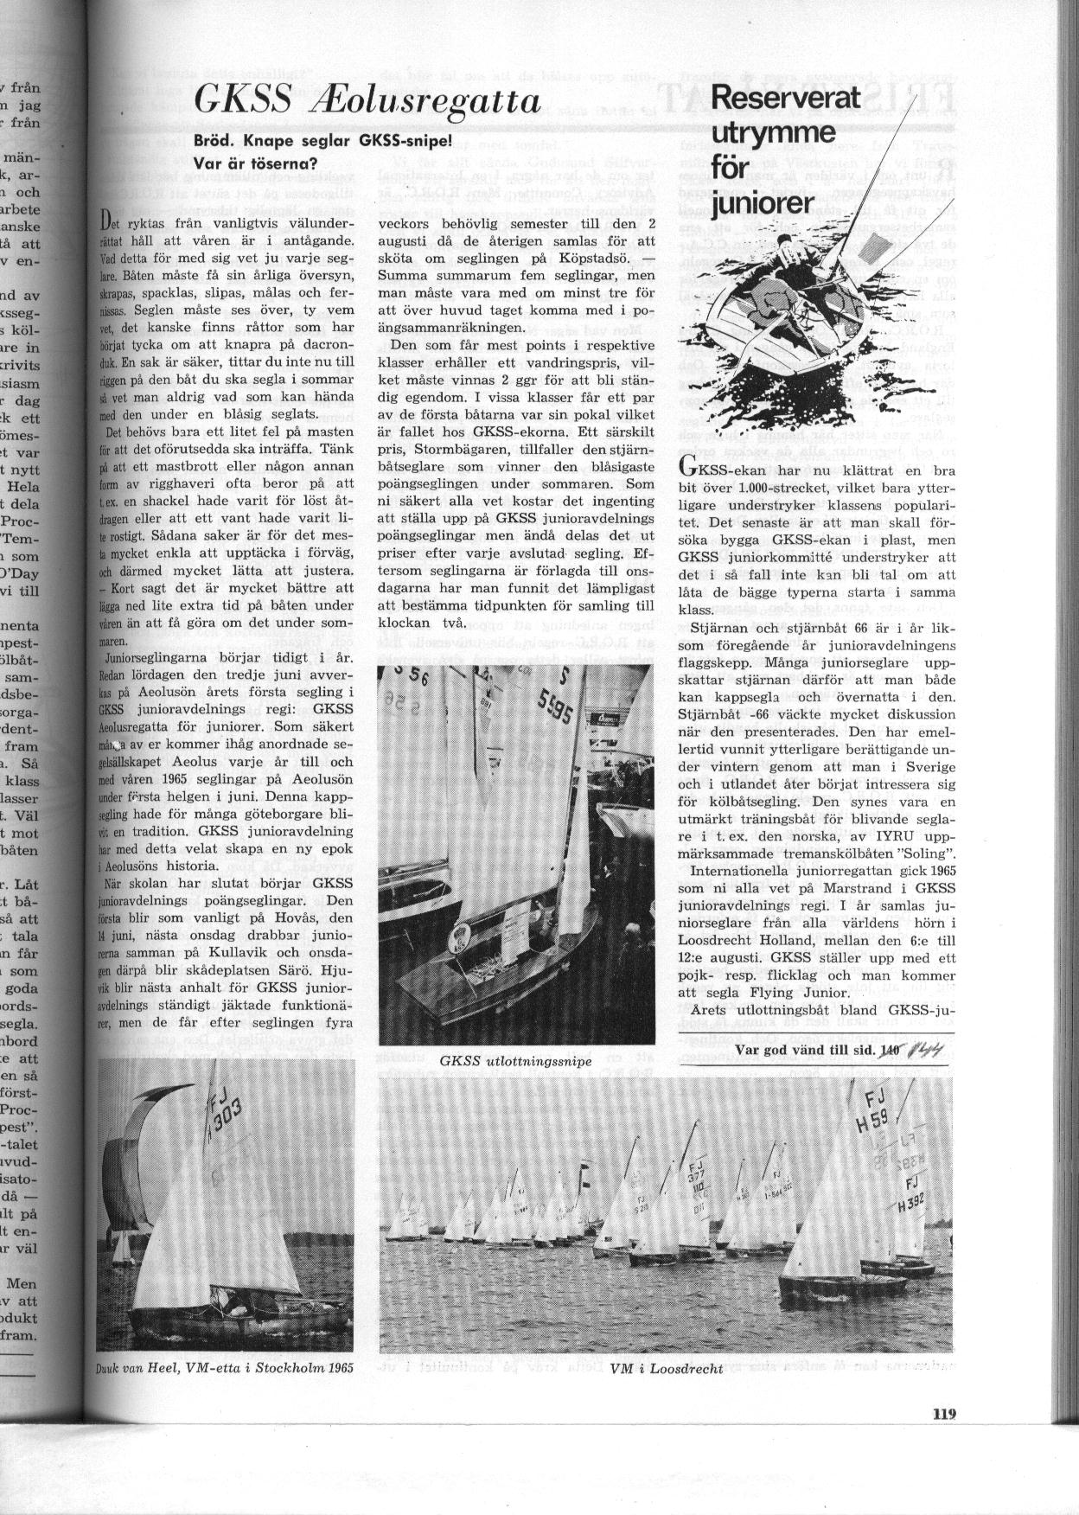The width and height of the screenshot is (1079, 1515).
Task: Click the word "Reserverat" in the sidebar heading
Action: (786, 98)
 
